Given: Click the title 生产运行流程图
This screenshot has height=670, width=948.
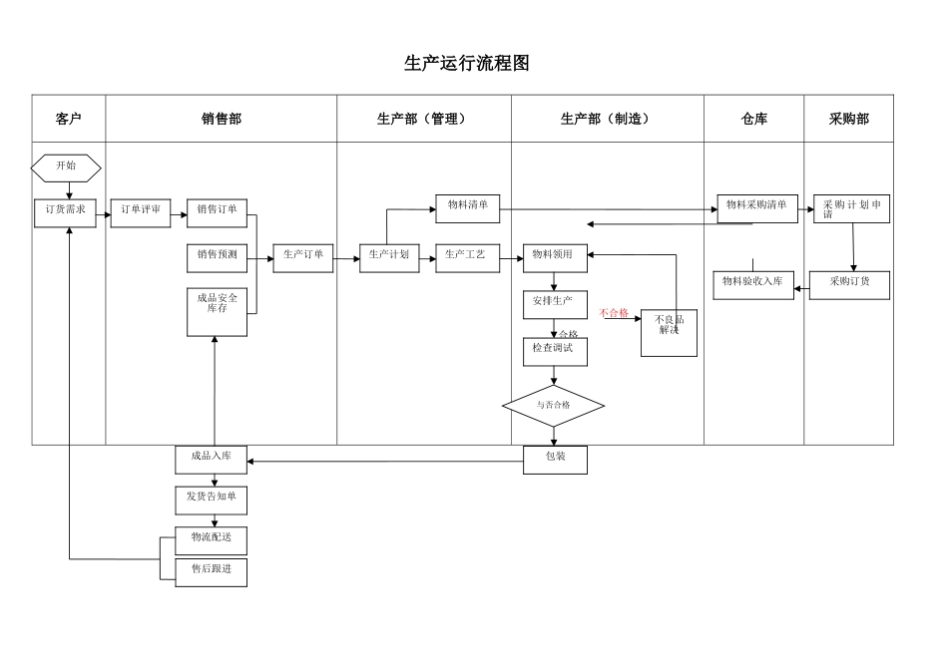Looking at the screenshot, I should tap(466, 63).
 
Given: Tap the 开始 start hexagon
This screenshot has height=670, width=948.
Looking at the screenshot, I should tap(66, 167).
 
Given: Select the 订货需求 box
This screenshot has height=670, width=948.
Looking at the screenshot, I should tap(67, 212).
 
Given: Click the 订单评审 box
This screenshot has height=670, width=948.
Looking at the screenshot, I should tap(141, 212).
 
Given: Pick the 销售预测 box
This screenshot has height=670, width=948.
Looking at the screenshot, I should tap(217, 257).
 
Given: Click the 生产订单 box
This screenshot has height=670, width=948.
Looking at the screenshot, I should tap(303, 257).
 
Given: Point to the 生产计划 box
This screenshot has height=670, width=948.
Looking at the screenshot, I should tap(389, 257).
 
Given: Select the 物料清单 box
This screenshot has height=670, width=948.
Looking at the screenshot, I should tap(467, 208).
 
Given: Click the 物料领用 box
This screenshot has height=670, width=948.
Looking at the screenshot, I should tap(555, 257).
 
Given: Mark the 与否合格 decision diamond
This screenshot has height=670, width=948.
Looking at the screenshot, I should tap(553, 406).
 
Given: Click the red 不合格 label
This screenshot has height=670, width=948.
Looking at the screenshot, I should tap(614, 313).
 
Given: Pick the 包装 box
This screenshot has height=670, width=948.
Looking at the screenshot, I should tap(555, 459).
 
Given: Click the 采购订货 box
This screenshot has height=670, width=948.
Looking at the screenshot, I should tap(849, 285).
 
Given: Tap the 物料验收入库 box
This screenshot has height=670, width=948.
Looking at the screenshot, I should tap(752, 285).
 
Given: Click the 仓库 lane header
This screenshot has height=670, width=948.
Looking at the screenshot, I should tap(754, 119).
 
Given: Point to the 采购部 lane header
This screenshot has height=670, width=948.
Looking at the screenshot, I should tap(848, 119).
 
